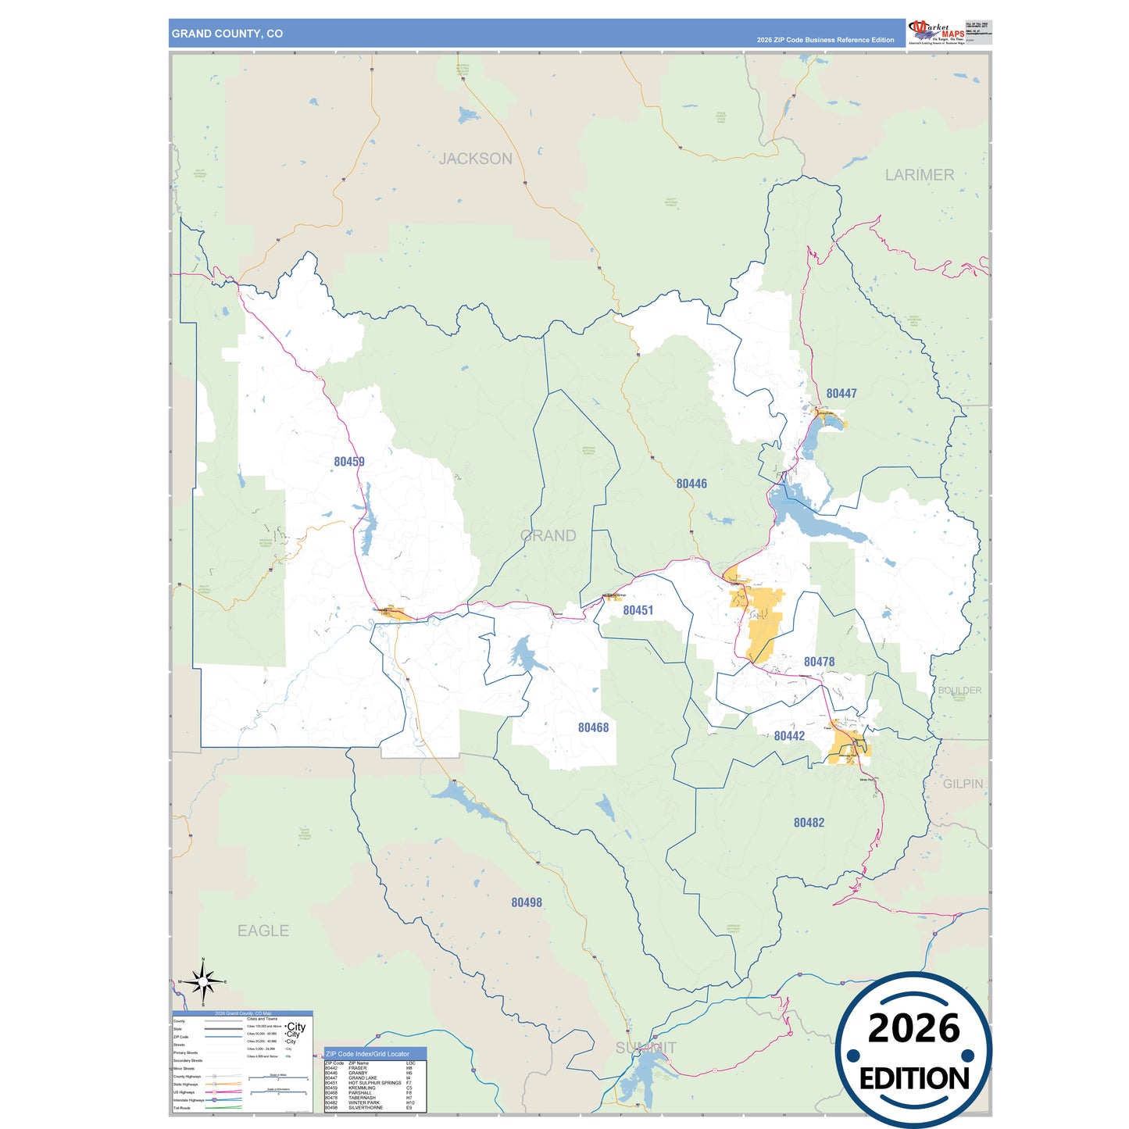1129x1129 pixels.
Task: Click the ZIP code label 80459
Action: [348, 462]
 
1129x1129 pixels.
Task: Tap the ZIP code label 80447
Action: [841, 394]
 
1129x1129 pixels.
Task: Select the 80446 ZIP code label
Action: [691, 484]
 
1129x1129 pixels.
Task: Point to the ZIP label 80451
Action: [638, 610]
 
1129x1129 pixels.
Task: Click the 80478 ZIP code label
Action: [819, 662]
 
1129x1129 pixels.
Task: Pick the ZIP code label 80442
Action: [789, 736]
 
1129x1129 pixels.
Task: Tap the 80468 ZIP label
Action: [593, 727]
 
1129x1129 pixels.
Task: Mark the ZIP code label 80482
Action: [809, 823]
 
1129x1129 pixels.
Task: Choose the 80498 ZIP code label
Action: [527, 902]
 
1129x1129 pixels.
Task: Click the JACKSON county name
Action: [475, 159]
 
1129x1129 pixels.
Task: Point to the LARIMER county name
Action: [919, 175]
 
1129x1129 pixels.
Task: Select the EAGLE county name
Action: [263, 931]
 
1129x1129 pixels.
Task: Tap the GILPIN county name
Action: [963, 784]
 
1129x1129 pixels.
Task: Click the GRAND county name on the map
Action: [548, 536]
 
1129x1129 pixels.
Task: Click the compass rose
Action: [203, 981]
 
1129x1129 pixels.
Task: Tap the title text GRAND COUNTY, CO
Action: [227, 34]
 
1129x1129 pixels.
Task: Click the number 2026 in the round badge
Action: [913, 1028]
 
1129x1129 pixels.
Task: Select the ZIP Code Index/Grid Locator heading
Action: [367, 1054]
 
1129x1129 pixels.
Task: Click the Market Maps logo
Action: [936, 32]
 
